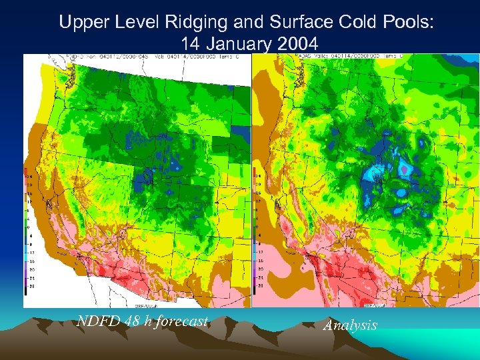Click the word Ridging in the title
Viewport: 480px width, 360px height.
(197, 22)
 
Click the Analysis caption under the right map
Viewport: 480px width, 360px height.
(350, 325)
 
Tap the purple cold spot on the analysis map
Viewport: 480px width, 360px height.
(404, 171)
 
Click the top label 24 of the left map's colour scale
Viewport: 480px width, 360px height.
(29, 177)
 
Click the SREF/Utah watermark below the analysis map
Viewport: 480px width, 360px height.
(373, 303)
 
